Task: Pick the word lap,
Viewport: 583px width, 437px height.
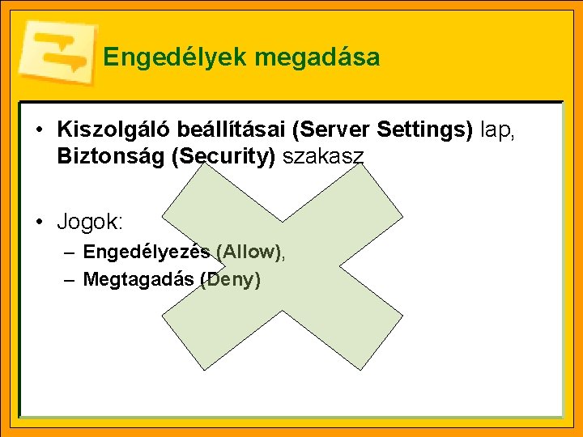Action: point(498,129)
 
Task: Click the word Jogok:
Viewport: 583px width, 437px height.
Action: point(90,221)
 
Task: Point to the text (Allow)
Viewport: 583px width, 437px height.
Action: point(249,252)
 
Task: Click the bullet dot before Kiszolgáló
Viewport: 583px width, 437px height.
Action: point(39,129)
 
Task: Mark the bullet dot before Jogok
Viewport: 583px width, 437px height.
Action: point(39,221)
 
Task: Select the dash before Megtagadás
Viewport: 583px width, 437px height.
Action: point(70,280)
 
